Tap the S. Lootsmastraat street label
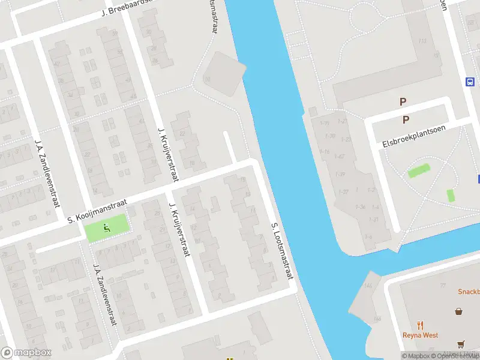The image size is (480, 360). pos(282,251)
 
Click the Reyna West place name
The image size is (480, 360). pos(420,335)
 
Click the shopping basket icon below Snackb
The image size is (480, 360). pos(459,311)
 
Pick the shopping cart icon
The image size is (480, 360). pos(461,344)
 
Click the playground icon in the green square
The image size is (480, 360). pos(107,227)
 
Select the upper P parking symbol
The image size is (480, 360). pos(403,103)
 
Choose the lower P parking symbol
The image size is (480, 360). pos(406,119)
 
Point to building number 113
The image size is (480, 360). pos(422,41)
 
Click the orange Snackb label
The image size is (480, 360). pos(468,292)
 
